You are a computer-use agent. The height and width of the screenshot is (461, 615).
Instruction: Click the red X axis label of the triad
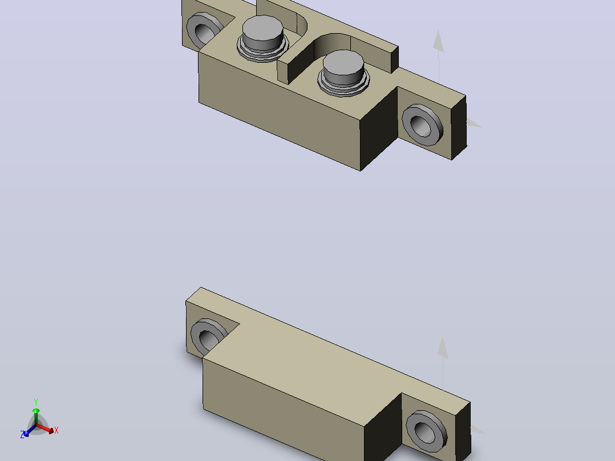(56, 430)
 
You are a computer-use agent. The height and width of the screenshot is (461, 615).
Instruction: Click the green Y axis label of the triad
(36, 402)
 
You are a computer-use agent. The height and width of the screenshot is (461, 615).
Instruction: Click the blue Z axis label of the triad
(22, 434)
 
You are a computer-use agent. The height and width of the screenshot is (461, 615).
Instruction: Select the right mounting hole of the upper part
(422, 125)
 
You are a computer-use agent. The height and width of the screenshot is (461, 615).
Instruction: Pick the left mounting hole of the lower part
(209, 336)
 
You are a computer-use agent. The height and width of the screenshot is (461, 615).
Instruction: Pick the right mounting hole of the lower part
(426, 431)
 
